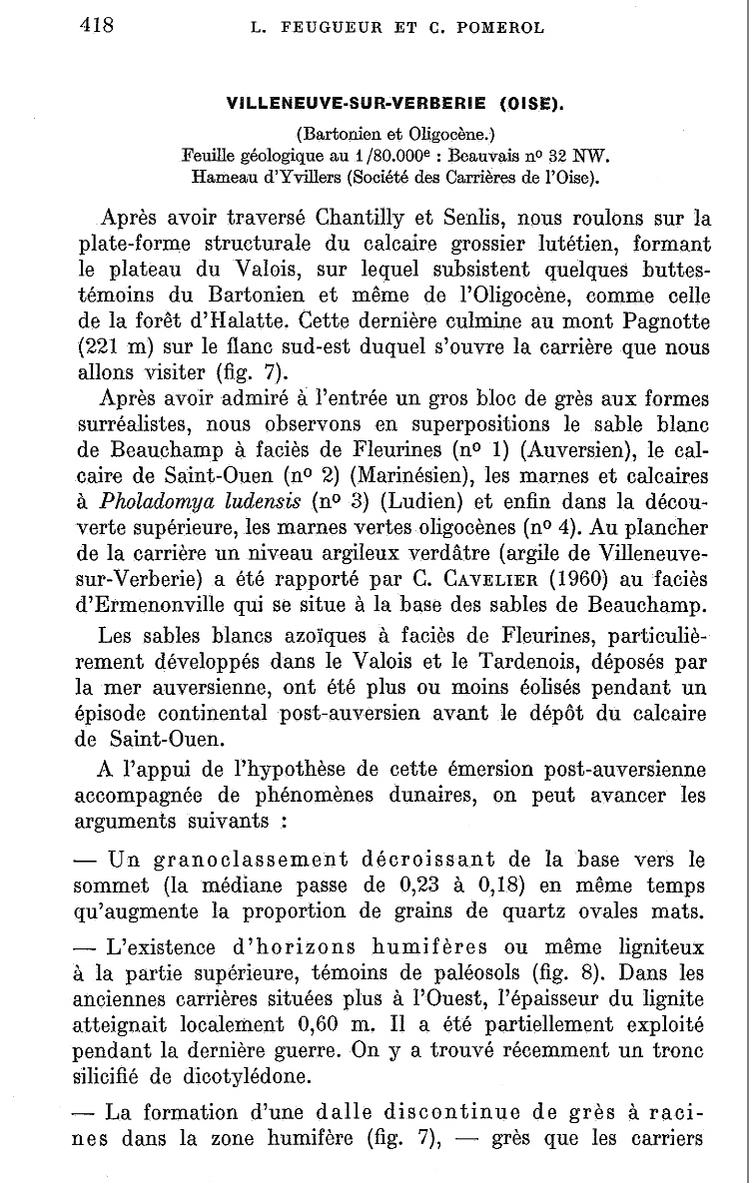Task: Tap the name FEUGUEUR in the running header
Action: [318, 28]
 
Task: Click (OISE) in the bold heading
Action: [523, 103]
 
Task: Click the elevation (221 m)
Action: [120, 348]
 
